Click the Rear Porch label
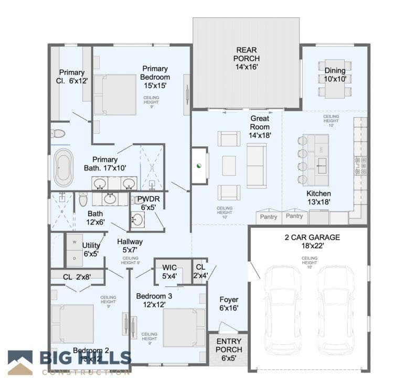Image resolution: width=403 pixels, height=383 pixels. (246, 58)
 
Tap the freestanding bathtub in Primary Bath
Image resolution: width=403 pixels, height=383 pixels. (63, 168)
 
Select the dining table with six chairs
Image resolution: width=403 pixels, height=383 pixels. (334, 79)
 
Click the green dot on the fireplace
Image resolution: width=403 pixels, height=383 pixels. (199, 166)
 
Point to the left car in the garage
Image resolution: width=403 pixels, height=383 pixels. (283, 310)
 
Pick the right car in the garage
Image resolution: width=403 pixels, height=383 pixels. (335, 310)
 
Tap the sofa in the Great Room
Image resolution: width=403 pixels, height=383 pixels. (257, 166)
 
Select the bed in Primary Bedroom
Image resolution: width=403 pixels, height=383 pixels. (115, 94)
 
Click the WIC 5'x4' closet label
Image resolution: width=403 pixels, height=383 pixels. (169, 272)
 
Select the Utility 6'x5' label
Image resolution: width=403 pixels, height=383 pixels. (91, 249)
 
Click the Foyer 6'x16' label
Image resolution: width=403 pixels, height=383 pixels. (228, 304)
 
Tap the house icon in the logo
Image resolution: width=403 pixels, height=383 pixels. (20, 363)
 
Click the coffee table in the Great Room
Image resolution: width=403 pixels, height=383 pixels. (229, 166)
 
